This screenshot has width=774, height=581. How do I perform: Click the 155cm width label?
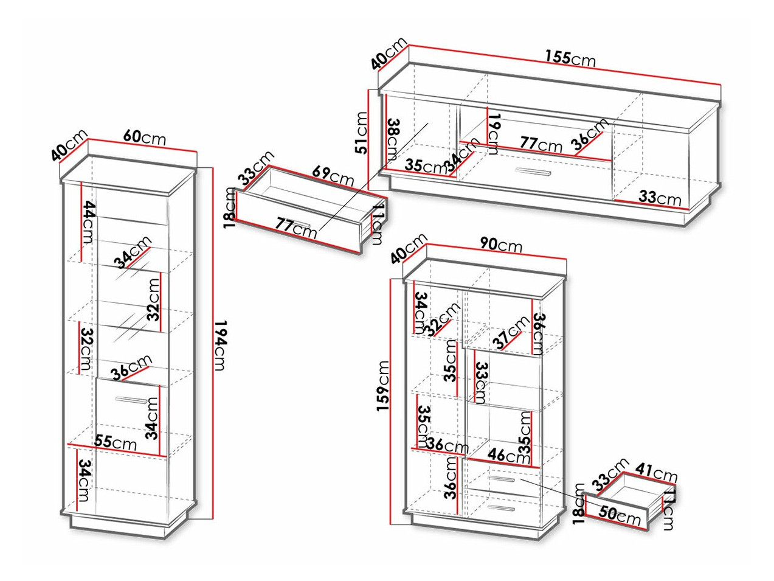569,58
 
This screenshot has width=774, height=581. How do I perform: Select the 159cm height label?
383,386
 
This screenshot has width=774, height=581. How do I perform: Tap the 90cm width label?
500,245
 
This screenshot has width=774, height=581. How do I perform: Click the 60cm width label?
144,137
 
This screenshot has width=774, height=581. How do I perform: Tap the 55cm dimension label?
116,442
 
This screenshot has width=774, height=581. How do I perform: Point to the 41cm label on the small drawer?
657,472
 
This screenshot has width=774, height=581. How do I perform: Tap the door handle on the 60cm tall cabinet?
130,400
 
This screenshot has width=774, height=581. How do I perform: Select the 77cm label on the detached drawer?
296,226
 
